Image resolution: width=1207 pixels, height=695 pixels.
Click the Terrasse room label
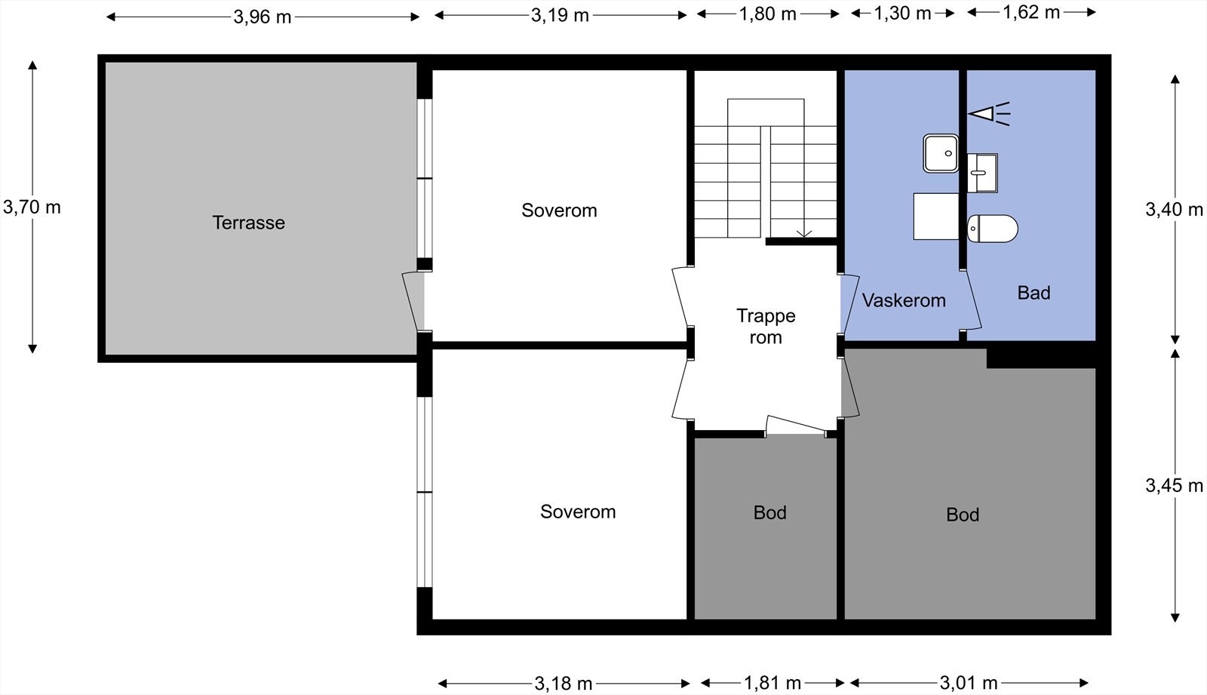[x=248, y=223]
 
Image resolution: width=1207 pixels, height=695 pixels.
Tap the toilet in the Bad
[x=992, y=229]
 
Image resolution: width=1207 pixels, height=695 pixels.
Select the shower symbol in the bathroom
[x=989, y=114]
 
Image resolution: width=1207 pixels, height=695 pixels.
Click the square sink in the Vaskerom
[x=941, y=153]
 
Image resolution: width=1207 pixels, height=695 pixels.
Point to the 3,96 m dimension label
[x=263, y=17]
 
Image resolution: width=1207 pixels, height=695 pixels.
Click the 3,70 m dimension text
[x=32, y=207]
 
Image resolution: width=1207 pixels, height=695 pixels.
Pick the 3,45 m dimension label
[x=1174, y=486]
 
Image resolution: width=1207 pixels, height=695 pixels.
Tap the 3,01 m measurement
[x=969, y=683]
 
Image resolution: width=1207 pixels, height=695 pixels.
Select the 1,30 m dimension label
[x=902, y=14]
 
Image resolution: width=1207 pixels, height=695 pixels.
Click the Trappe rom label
[x=766, y=326]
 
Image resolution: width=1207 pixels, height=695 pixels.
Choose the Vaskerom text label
[x=904, y=300]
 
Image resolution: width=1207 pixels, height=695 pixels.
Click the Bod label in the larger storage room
[x=963, y=515]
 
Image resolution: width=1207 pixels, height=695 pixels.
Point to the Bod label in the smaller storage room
[x=769, y=512]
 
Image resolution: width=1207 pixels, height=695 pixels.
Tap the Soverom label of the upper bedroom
[x=559, y=211]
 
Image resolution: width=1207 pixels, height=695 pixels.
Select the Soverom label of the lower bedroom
[x=578, y=512]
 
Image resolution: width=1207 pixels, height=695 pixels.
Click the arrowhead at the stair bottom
[x=804, y=234]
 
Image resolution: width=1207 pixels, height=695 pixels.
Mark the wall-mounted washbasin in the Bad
[x=982, y=173]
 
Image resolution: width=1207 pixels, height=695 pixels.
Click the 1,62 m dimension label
[x=1031, y=12]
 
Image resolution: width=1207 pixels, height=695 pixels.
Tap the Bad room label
[x=1033, y=293]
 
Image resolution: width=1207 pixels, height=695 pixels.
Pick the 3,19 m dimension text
[x=560, y=16]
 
